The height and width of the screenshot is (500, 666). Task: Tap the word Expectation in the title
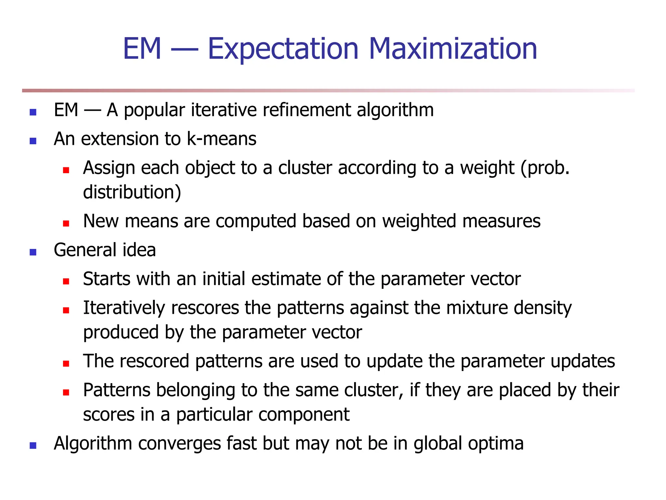click(x=283, y=49)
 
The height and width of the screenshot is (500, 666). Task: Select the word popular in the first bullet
click(x=154, y=111)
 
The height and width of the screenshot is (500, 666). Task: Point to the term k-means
click(x=221, y=139)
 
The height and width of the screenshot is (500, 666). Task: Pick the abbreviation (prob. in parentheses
click(x=545, y=169)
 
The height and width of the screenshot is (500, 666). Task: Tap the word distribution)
click(x=132, y=192)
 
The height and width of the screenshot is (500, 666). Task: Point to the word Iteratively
click(x=124, y=308)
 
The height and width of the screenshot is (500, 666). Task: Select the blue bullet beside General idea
click(x=33, y=252)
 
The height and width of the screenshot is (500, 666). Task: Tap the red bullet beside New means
click(x=66, y=223)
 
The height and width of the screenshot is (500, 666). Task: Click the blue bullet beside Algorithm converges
click(x=33, y=445)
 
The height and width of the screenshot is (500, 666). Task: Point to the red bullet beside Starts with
click(x=66, y=281)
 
